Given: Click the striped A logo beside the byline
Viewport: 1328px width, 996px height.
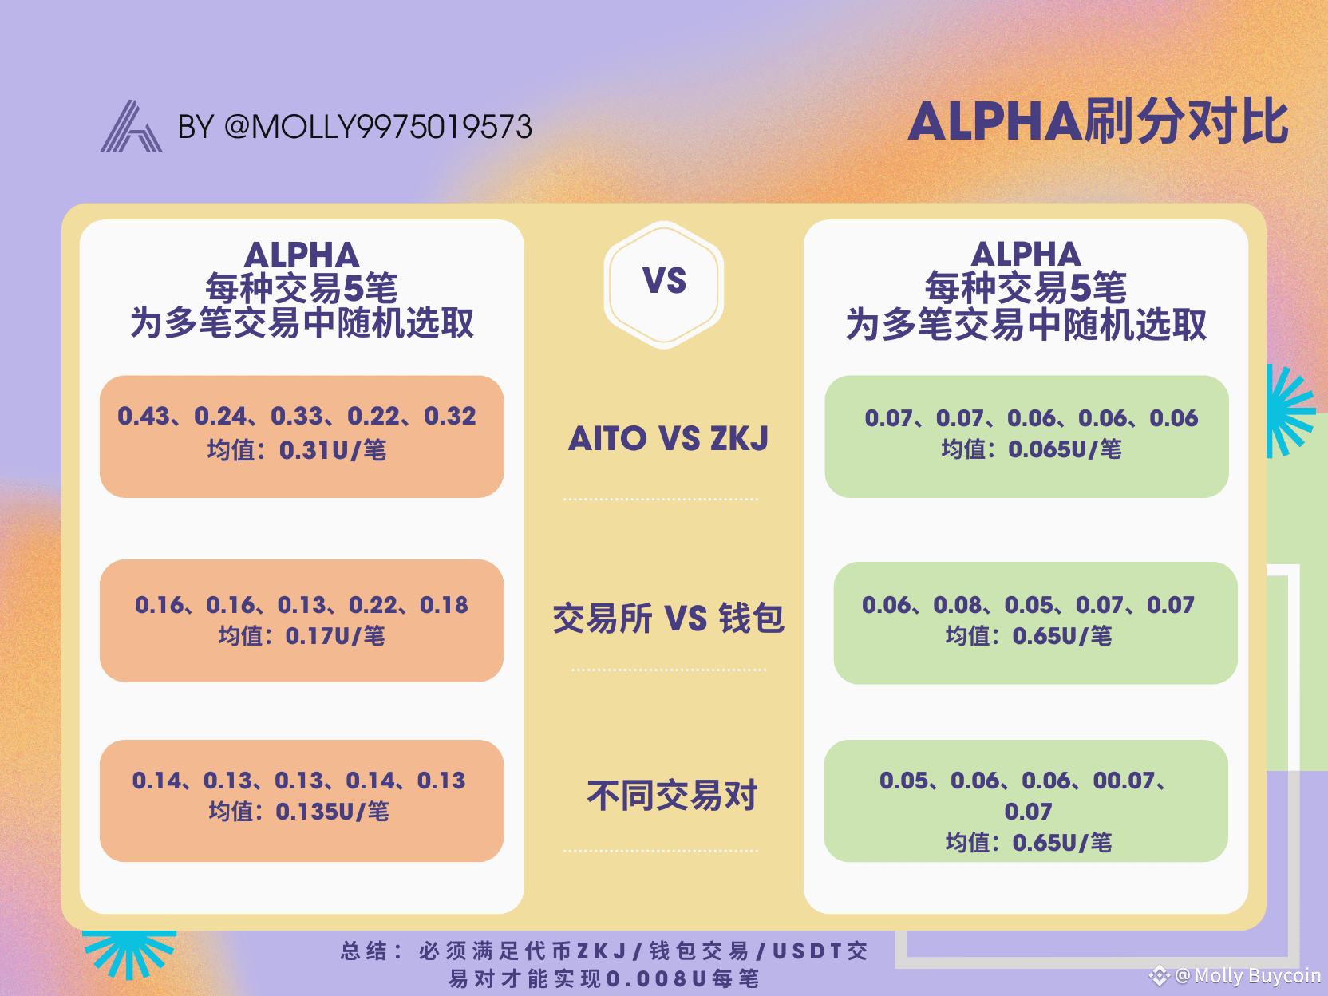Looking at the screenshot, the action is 132,126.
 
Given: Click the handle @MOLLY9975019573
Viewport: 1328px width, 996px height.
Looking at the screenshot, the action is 378,127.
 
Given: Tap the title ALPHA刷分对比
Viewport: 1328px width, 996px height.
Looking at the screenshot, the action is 1097,121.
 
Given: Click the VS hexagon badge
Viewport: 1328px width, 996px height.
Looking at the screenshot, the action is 664,284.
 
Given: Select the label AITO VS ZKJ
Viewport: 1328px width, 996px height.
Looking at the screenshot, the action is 668,438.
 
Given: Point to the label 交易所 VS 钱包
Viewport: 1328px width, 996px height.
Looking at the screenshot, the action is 668,618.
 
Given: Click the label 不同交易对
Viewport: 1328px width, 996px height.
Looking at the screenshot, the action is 671,795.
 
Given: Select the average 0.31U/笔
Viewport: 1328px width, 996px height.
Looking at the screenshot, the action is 333,451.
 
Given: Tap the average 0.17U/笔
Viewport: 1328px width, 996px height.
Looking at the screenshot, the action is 335,636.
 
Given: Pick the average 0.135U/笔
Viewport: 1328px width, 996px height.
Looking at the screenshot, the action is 332,812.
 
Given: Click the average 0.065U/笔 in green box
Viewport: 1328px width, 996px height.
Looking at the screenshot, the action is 1065,449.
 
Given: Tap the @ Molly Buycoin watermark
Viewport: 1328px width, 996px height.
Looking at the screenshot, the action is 1237,974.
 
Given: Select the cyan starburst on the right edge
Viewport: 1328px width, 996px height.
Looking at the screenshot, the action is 1290,411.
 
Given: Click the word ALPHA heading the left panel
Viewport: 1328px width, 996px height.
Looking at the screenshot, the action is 302,255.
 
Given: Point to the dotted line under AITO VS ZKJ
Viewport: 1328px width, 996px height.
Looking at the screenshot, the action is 661,500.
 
